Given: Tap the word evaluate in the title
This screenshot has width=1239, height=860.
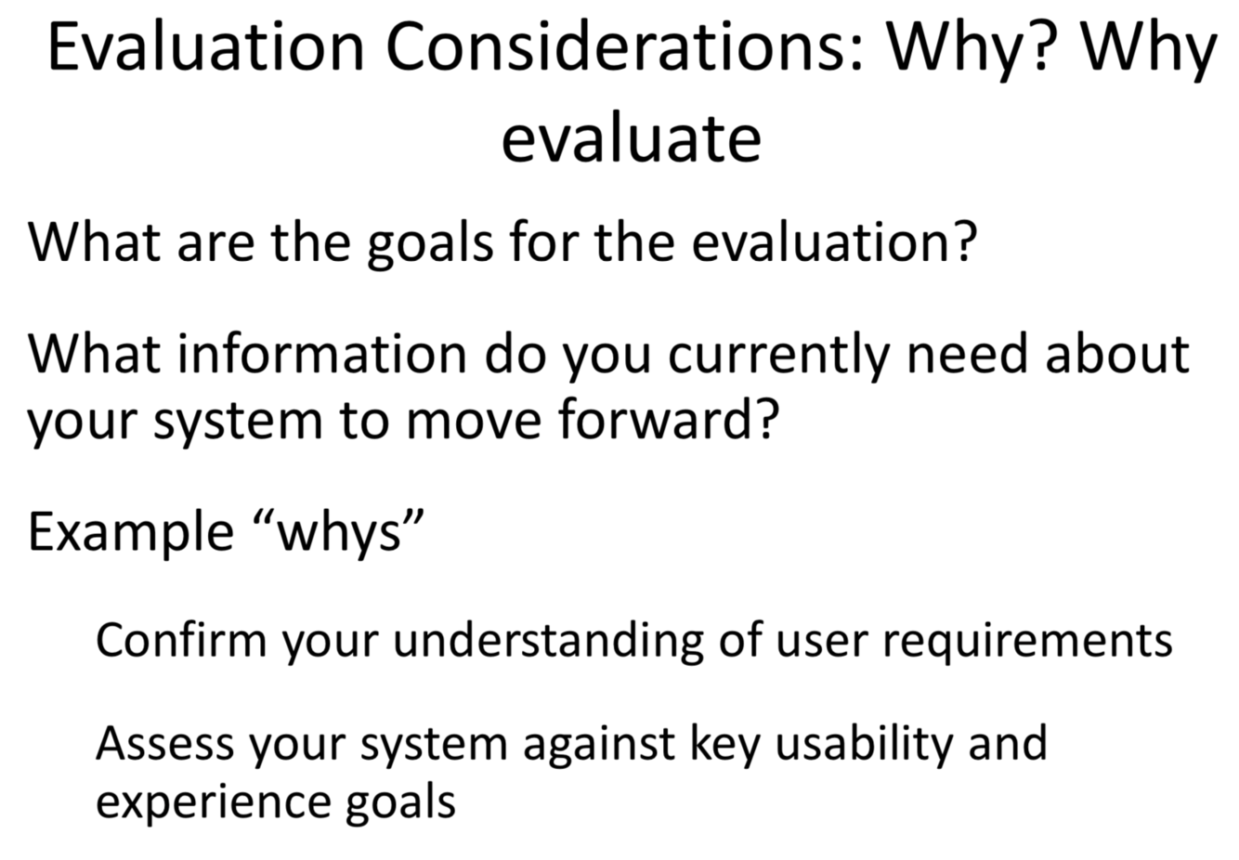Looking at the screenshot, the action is (632, 137).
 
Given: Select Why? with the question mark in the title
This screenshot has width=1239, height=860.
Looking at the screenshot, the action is (968, 47).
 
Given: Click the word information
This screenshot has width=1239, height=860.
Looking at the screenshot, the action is (322, 354).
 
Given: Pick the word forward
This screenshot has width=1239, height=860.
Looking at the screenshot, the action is (669, 419).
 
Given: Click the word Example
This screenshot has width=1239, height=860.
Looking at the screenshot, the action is (131, 532).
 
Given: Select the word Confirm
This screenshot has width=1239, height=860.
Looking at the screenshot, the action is (181, 640).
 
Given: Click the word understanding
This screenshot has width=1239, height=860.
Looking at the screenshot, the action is (548, 642).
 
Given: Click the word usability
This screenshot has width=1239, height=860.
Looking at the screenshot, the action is (864, 747).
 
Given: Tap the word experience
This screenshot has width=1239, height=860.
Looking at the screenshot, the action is (213, 803).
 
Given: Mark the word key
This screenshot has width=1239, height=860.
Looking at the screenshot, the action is (725, 748).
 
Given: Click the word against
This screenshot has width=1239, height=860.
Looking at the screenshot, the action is (599, 748).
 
